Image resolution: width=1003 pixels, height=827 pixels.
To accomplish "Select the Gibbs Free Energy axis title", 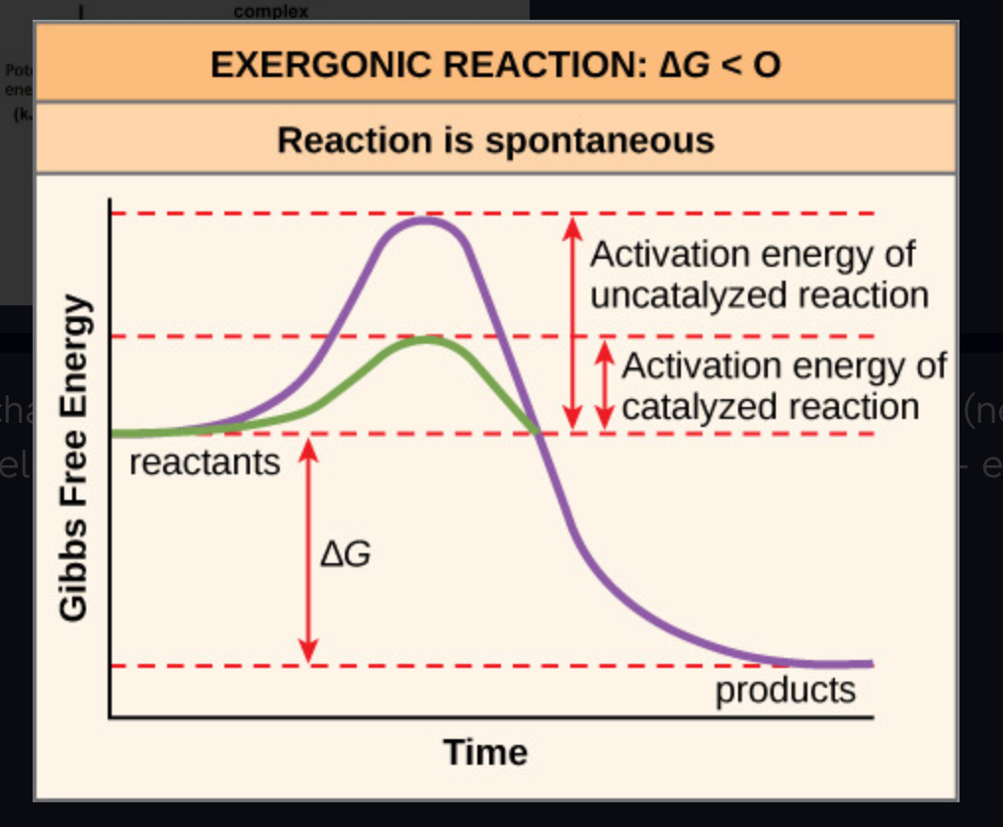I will click(74, 458).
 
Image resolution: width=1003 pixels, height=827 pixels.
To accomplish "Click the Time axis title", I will click(485, 752).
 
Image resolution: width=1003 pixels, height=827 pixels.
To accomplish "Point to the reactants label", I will click(205, 461).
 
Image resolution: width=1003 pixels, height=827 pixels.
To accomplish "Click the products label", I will click(786, 690).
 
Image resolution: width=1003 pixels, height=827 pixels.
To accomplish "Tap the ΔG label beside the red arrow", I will click(346, 554).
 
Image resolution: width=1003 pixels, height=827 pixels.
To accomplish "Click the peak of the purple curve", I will click(426, 219).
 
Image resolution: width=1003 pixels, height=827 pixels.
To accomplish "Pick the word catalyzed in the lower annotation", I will click(694, 406).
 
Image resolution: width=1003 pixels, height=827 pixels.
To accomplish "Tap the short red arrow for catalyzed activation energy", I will click(604, 385).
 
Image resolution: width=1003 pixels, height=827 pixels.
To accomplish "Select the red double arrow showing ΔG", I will click(308, 549).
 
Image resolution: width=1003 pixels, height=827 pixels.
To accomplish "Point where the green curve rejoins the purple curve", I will click(538, 433).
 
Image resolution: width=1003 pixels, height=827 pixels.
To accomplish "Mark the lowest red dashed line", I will click(494, 666).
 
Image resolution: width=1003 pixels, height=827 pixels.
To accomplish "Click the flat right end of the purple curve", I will click(850, 663).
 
